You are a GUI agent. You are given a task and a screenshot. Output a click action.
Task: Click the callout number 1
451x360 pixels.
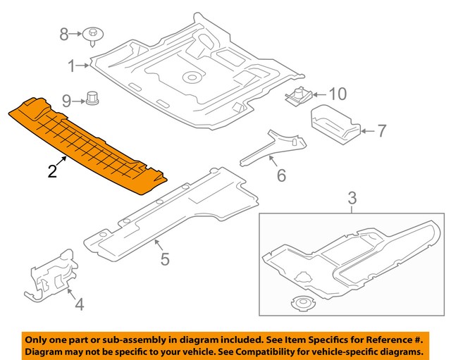tap(71, 66)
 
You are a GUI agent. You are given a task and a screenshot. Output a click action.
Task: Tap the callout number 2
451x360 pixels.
tap(52, 171)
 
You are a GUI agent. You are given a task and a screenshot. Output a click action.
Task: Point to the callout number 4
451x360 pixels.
tap(79, 305)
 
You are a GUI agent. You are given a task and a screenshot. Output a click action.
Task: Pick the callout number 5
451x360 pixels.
tap(164, 259)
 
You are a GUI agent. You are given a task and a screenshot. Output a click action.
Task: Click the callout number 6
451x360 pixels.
tap(281, 175)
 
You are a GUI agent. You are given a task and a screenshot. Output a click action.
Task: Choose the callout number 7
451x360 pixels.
tap(381, 130)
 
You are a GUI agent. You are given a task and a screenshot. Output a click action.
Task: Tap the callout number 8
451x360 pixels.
tap(64, 33)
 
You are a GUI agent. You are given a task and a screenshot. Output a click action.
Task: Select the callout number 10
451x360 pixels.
tap(338, 93)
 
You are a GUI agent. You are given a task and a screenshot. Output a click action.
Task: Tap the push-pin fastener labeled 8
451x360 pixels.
tap(92, 34)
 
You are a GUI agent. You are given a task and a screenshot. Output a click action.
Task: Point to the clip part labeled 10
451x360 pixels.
tap(299, 95)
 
